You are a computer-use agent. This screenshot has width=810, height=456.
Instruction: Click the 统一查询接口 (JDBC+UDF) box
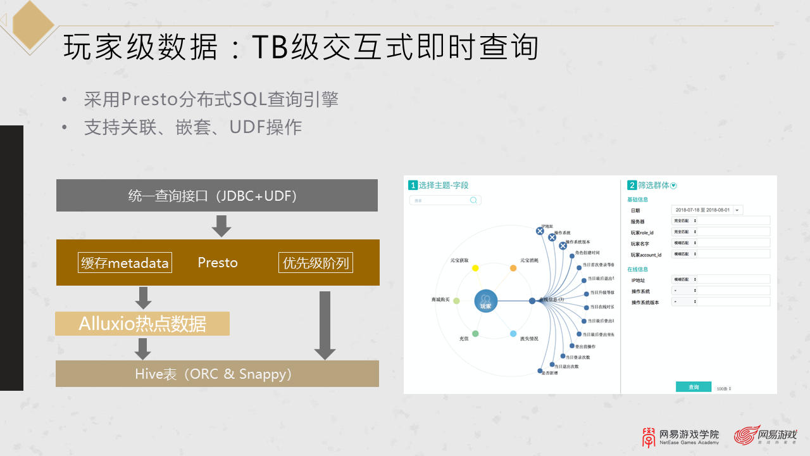pyautogui.click(x=216, y=196)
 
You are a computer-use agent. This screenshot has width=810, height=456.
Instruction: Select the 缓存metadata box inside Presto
pyautogui.click(x=125, y=263)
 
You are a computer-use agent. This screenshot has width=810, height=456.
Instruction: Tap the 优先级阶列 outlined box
pyautogui.click(x=315, y=263)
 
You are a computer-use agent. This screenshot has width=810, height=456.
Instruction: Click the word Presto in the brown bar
pyautogui.click(x=217, y=263)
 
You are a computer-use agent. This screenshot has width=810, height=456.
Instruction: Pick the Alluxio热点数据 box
pyautogui.click(x=142, y=324)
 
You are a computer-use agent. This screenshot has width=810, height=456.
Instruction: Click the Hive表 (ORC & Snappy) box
pyautogui.click(x=216, y=374)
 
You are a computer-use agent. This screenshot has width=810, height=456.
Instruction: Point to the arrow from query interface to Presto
pyautogui.click(x=221, y=225)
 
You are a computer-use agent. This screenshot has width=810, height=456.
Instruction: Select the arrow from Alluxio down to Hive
pyautogui.click(x=143, y=348)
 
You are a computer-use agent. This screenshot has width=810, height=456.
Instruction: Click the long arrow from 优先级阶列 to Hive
pyautogui.click(x=325, y=325)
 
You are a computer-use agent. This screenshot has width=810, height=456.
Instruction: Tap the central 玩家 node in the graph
pyautogui.click(x=485, y=301)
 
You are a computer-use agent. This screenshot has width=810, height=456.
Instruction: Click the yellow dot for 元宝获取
pyautogui.click(x=475, y=269)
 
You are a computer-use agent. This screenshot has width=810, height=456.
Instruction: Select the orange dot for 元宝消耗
pyautogui.click(x=513, y=269)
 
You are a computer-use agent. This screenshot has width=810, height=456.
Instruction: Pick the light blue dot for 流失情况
pyautogui.click(x=513, y=334)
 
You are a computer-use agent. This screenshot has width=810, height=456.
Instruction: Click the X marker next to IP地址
pyautogui.click(x=540, y=231)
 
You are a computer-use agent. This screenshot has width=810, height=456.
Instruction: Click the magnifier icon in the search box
pyautogui.click(x=473, y=200)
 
